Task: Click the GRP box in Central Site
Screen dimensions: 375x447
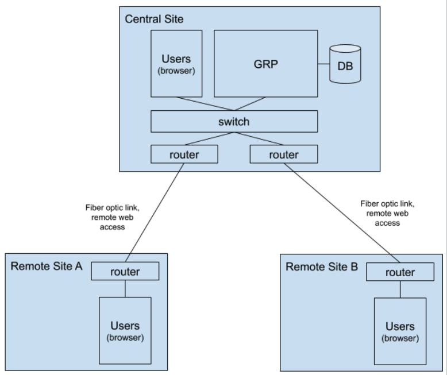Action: point(266,64)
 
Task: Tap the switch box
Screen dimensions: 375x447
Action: point(234,122)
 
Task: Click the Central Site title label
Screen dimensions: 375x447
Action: point(154,19)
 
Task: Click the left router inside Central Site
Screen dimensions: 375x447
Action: point(184,154)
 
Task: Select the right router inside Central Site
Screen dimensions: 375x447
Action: point(284,154)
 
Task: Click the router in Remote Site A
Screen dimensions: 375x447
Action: point(125,272)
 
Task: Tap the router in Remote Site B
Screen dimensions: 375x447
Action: point(400,272)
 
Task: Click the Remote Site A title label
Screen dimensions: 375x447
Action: point(47,266)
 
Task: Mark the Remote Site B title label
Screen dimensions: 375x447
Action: point(322,267)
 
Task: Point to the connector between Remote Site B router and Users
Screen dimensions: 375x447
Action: point(400,289)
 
